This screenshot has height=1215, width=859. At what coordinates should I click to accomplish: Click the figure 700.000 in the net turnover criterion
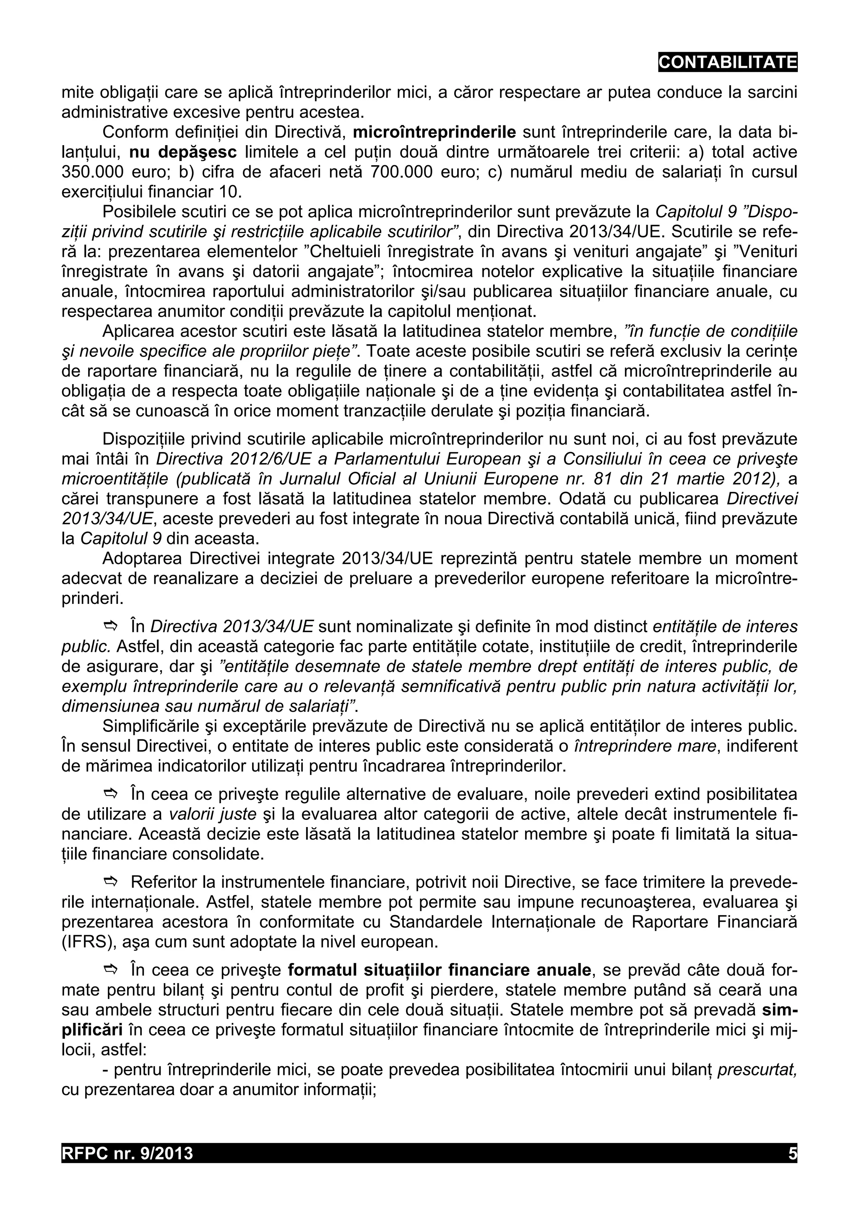tap(403, 172)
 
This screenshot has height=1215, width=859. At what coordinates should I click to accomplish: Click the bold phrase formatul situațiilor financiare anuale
tap(439, 970)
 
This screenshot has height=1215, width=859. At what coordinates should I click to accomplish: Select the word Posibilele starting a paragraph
tap(139, 212)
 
